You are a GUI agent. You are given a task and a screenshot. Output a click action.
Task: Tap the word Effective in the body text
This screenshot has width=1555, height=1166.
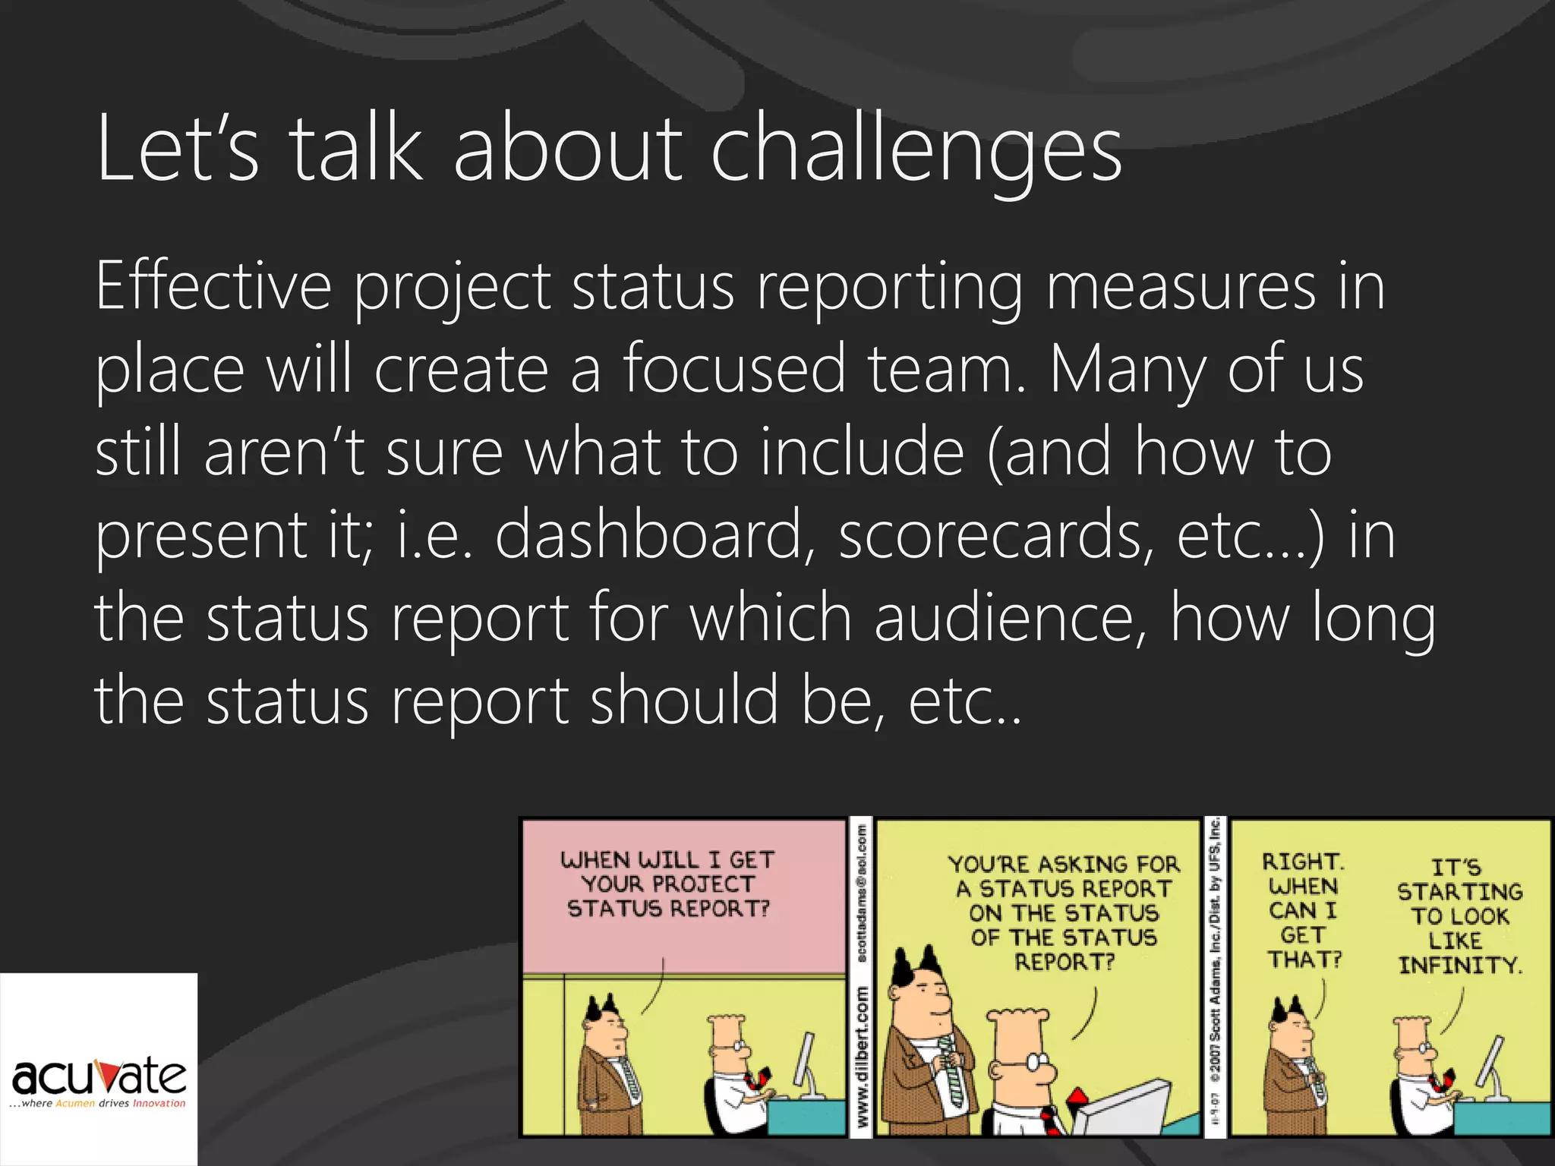click(x=213, y=287)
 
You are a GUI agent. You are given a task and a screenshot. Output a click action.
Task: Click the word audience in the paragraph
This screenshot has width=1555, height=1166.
click(x=1009, y=617)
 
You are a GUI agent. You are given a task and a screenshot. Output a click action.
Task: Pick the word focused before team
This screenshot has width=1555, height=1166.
click(x=733, y=369)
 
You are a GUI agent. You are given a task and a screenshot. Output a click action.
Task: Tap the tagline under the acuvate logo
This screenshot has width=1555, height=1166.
click(x=99, y=1104)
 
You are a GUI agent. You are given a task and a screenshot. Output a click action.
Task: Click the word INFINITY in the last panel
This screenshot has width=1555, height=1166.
click(x=1459, y=966)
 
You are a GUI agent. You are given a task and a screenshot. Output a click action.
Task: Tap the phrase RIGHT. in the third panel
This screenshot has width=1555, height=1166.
click(x=1302, y=862)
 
